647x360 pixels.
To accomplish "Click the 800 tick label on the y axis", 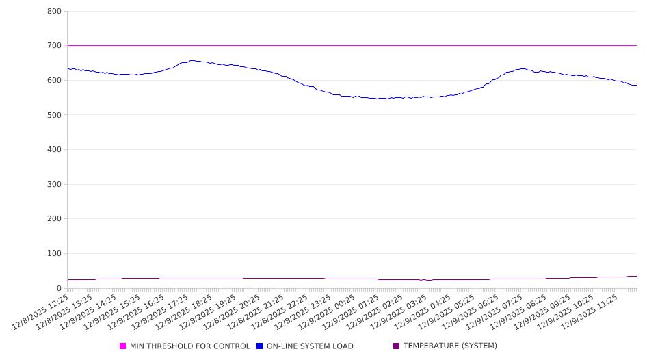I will click(x=54, y=12).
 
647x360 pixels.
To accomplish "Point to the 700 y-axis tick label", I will click(x=54, y=46).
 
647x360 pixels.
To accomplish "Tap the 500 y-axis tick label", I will click(x=54, y=115).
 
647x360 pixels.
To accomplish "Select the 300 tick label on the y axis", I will click(x=54, y=185).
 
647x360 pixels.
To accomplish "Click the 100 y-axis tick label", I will click(x=54, y=254).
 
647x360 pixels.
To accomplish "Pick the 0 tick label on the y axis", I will click(x=59, y=288).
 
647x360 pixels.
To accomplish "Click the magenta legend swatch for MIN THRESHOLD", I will click(x=123, y=346).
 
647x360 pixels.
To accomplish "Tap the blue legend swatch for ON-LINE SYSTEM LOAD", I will click(x=260, y=346).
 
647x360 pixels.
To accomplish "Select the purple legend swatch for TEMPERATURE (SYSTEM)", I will click(x=397, y=346).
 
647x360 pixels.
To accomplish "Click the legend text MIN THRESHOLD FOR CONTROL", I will click(x=189, y=346).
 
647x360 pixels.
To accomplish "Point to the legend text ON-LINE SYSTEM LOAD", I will click(x=310, y=346).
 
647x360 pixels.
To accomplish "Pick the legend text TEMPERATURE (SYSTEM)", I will click(x=450, y=346).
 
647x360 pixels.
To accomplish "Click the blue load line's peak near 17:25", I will click(x=192, y=60).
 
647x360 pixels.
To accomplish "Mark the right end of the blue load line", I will click(x=636, y=86).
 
